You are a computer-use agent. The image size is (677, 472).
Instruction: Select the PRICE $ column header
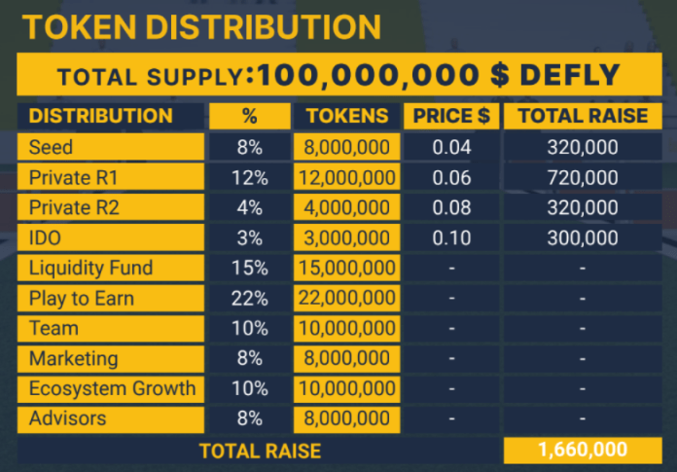451,116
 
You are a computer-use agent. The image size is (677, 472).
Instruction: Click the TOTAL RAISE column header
583,116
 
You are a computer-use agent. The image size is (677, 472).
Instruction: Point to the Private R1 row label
73,178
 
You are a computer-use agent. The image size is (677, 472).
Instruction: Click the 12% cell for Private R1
249,178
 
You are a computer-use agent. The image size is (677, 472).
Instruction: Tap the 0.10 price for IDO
451,238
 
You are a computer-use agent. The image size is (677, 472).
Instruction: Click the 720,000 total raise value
583,178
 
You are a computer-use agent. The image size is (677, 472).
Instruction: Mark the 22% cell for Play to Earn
249,299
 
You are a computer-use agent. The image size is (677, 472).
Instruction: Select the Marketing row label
73,359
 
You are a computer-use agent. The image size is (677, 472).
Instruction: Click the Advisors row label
67,418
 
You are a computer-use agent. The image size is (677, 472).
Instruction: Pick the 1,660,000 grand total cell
583,450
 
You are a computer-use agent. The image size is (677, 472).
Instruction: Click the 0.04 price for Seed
451,148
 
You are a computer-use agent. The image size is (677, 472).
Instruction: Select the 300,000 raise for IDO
583,238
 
